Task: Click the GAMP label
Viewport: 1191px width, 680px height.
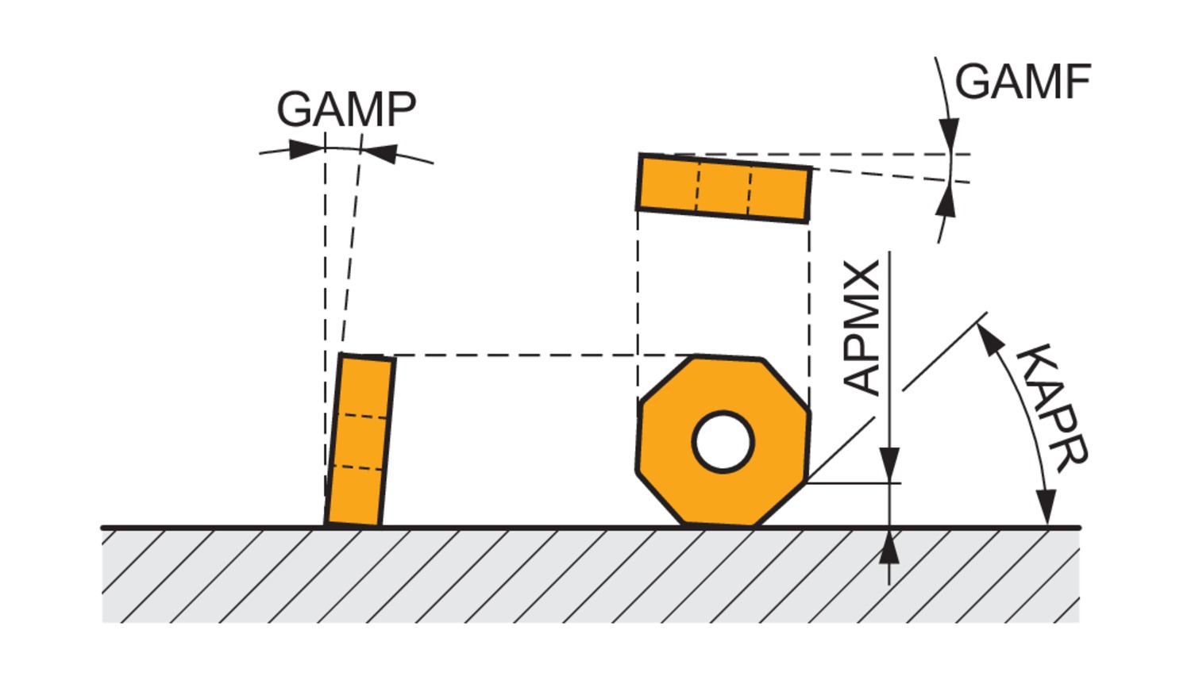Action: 346,109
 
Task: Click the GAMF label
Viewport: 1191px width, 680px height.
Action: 1023,81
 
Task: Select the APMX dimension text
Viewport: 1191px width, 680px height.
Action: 863,328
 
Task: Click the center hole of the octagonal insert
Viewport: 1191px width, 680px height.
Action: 723,441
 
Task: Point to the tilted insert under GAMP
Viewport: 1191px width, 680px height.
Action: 360,440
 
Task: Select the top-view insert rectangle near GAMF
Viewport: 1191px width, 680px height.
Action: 724,188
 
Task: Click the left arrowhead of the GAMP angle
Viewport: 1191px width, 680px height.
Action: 306,149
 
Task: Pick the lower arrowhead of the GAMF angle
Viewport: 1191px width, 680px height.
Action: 945,202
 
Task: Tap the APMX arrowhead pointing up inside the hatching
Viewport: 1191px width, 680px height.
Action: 890,547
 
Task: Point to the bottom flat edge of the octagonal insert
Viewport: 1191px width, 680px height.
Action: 718,524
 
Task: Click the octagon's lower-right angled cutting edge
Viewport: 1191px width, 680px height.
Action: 780,503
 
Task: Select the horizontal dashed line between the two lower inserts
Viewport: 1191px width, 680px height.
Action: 540,355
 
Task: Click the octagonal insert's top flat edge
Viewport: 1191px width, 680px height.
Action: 729,358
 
